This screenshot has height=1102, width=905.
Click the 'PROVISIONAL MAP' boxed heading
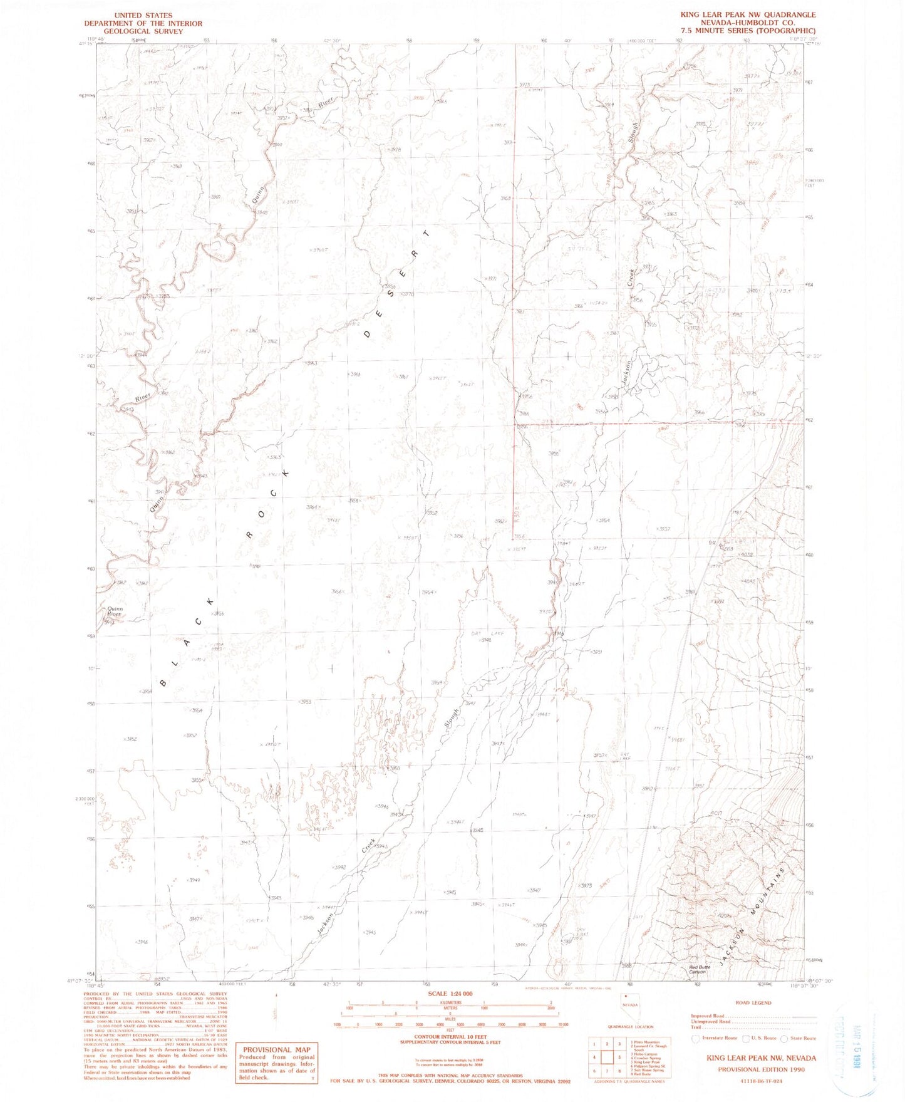276,1049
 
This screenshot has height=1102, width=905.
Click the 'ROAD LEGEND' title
752,1002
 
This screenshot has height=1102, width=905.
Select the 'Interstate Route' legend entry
716,1038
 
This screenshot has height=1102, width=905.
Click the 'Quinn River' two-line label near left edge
115,611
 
